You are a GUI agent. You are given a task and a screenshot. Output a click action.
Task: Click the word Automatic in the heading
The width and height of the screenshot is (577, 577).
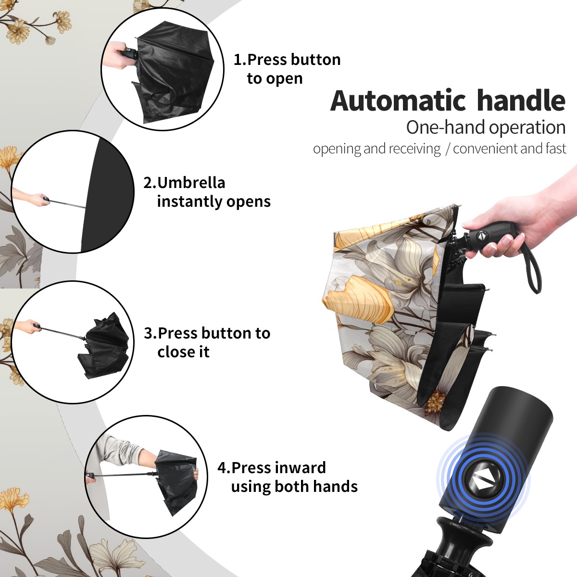pos(398,101)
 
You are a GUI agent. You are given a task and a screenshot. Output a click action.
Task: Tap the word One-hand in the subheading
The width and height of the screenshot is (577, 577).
pos(446,127)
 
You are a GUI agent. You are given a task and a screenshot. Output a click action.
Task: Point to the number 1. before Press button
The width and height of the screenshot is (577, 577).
pos(239,60)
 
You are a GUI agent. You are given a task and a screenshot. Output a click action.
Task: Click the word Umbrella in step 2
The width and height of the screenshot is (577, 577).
pos(191,183)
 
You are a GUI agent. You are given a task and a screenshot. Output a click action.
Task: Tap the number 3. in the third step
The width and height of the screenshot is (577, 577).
pos(151,333)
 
